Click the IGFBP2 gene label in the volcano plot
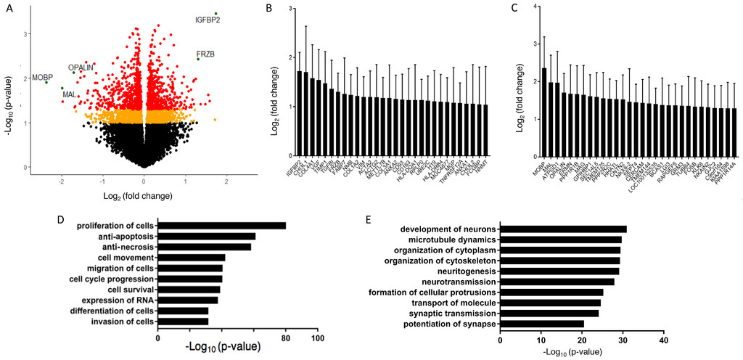tap(208, 19)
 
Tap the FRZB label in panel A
tap(205, 54)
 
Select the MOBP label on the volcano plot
tap(42, 77)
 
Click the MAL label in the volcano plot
tap(69, 94)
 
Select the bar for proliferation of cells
tap(221, 225)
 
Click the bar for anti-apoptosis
tap(206, 236)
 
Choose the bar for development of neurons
tap(563, 229)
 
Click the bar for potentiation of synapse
tap(542, 323)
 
